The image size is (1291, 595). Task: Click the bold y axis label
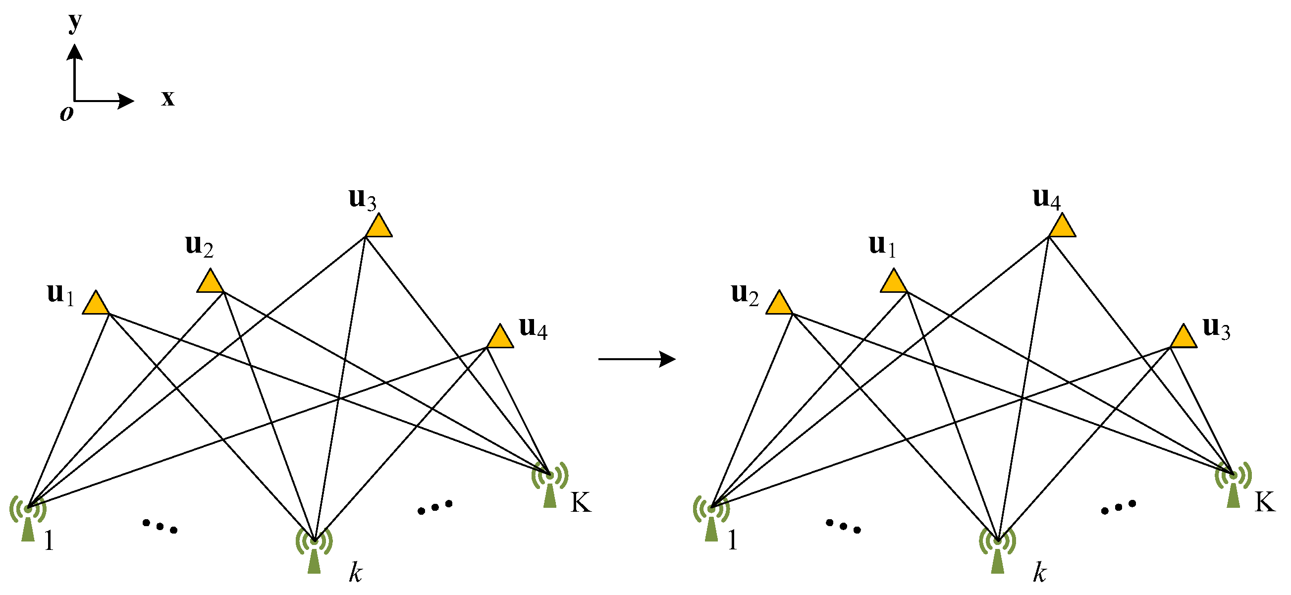tap(75, 22)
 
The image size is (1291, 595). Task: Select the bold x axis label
tap(167, 98)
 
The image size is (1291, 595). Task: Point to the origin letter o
tap(66, 113)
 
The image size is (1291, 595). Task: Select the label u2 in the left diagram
tap(199, 246)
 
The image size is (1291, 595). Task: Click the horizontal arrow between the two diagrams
tap(637, 359)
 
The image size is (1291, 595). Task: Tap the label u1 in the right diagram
tap(882, 246)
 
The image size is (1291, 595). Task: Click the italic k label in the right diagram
tap(1039, 572)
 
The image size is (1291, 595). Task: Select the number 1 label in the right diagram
tap(732, 541)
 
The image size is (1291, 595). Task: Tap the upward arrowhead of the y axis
tap(75, 51)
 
